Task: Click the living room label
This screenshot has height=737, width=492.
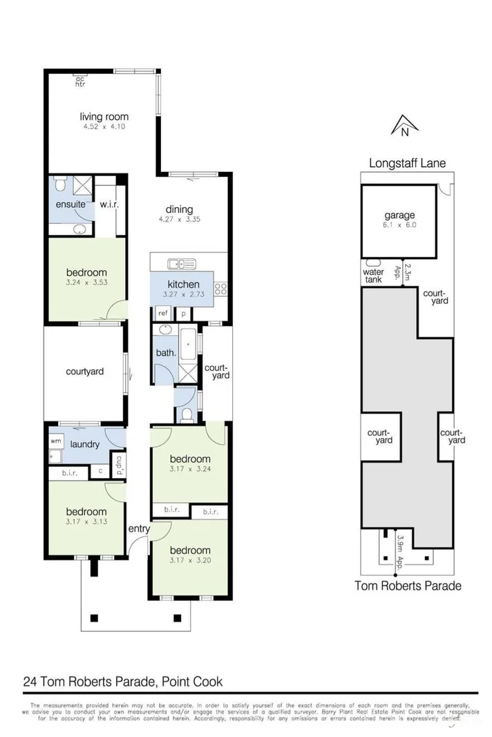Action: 104,117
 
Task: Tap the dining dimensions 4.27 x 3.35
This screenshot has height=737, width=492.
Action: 179,220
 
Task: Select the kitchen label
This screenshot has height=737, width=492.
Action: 184,284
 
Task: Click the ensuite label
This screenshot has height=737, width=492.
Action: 70,204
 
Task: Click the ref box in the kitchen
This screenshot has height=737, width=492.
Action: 164,313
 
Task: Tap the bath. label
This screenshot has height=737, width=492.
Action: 166,353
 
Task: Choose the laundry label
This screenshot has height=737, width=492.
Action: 85,444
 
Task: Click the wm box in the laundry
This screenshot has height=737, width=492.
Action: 55,440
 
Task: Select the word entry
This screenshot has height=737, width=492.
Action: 139,528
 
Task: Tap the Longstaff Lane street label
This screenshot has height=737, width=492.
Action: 406,163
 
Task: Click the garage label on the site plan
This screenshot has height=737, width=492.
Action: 400,215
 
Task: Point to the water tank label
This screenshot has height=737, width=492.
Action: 372,276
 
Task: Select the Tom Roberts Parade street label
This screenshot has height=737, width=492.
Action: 407,586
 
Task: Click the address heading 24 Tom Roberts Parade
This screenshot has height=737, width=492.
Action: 120,681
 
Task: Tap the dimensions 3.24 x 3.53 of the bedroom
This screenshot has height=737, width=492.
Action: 86,282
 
